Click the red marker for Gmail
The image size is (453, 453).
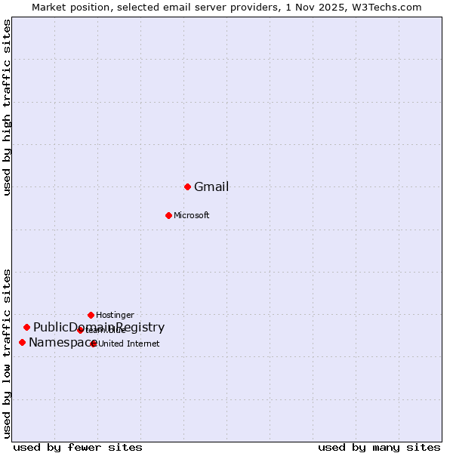coord(187,186)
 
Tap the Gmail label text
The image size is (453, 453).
coord(211,187)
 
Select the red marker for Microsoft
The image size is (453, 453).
coord(168,215)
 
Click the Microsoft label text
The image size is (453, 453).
coord(192,216)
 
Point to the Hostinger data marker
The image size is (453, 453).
coord(91,315)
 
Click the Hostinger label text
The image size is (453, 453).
coord(115,315)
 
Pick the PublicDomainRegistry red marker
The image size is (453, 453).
coord(26,327)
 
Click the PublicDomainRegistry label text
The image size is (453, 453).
coord(99,328)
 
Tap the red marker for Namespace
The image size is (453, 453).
coord(22,342)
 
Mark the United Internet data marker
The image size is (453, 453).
coord(93,344)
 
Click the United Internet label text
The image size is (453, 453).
coord(128,344)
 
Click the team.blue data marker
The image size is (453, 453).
coord(80,330)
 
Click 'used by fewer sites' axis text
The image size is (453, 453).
coord(78,447)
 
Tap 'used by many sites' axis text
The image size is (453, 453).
coord(379,447)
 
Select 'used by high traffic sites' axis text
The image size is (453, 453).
coord(8,107)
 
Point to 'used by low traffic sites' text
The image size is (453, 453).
coord(8,353)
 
